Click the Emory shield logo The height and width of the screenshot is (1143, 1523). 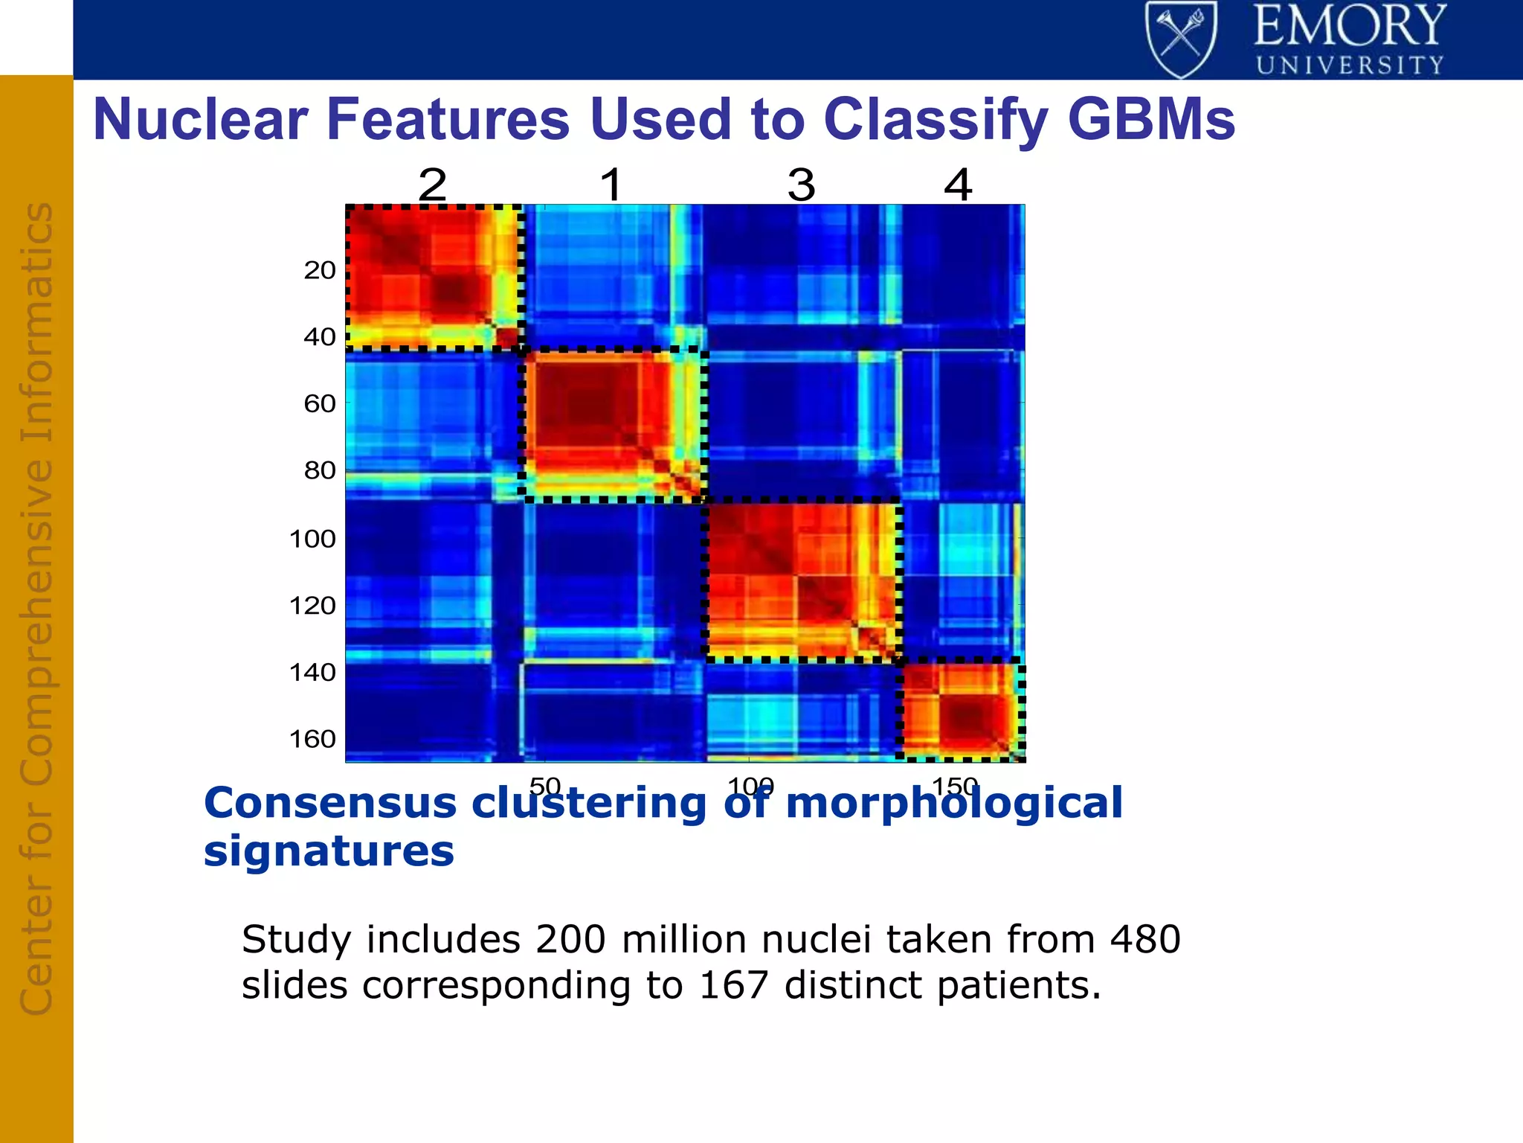(x=1181, y=39)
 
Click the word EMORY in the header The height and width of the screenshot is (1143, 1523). (x=1350, y=26)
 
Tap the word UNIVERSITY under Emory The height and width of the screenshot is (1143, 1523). (x=1350, y=65)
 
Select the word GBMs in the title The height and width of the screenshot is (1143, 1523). (x=1151, y=119)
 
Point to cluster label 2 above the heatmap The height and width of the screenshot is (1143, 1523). (x=433, y=184)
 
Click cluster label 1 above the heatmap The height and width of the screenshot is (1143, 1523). (x=611, y=184)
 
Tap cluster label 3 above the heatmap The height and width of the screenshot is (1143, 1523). (x=802, y=184)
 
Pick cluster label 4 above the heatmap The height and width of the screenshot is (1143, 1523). (x=958, y=184)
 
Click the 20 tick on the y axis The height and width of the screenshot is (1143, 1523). (x=320, y=270)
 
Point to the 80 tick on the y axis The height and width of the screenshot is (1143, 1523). (x=320, y=470)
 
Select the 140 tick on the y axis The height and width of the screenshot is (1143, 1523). (x=312, y=673)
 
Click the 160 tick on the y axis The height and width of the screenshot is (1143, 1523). (x=312, y=739)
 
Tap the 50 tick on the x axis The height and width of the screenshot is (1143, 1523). (x=545, y=786)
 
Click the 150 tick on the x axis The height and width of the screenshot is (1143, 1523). (x=955, y=786)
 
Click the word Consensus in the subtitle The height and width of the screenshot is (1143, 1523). (x=330, y=804)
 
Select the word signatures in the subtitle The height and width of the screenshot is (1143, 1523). (x=329, y=851)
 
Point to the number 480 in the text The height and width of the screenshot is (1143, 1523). (x=1145, y=939)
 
